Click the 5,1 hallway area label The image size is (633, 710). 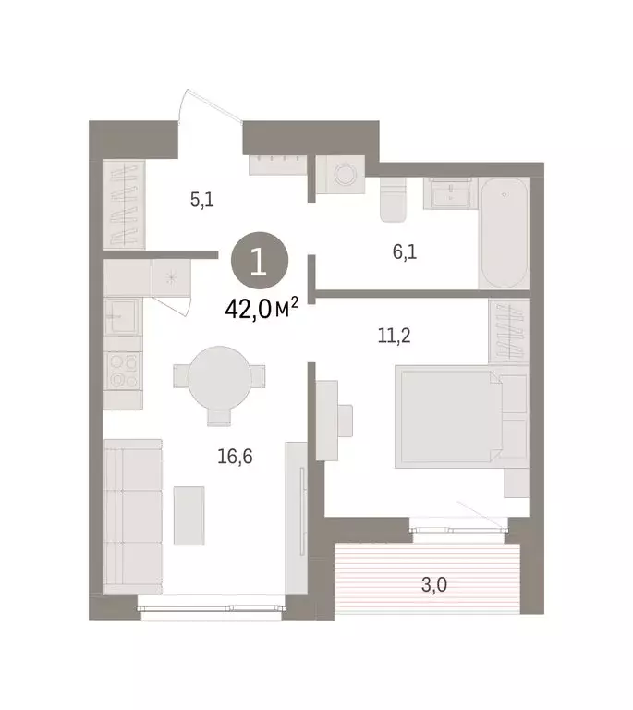(x=202, y=199)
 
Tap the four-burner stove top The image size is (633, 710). (x=124, y=371)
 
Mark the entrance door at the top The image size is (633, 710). (x=211, y=109)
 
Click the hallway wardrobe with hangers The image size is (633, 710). (x=124, y=205)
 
